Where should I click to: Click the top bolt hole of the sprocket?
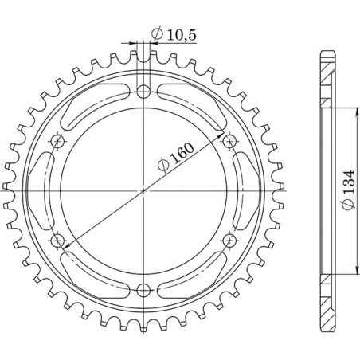click(143, 89)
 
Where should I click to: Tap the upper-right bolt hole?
click(230, 140)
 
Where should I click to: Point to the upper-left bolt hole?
click(57, 140)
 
